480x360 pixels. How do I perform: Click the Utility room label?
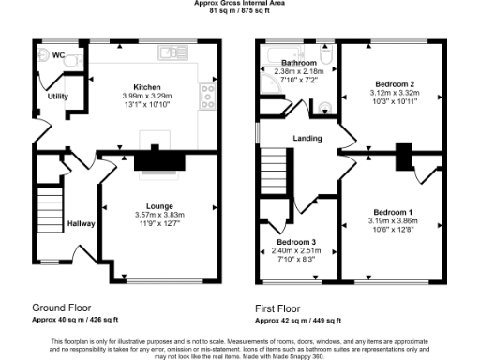(x=58, y=97)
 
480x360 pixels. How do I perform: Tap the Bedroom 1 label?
(x=391, y=212)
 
